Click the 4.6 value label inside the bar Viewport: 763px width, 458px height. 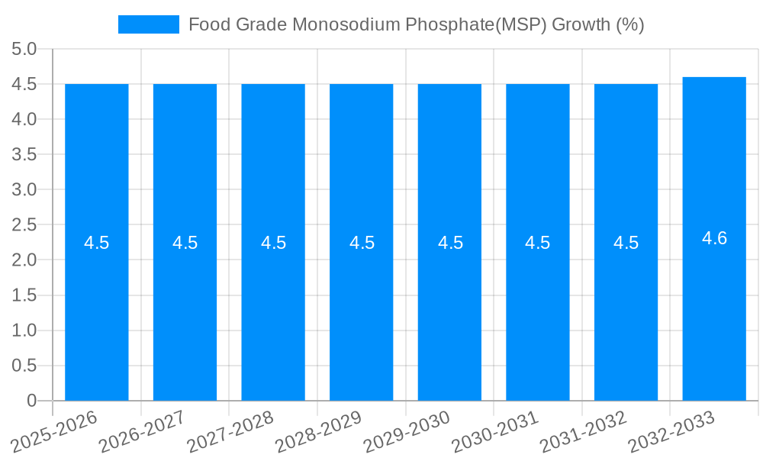tap(714, 238)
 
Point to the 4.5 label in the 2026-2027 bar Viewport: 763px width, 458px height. tap(185, 243)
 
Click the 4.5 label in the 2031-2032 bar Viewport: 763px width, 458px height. tap(626, 243)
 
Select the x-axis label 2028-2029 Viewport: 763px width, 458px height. tap(317, 432)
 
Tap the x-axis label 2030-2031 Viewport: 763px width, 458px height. tap(494, 432)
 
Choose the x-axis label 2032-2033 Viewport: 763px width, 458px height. tap(671, 432)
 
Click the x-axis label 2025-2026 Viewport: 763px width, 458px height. tap(53, 432)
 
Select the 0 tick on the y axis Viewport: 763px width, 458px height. tap(31, 401)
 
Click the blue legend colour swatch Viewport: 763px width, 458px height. tap(148, 24)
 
